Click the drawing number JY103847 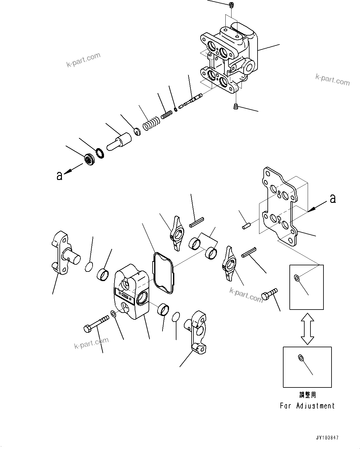(x=327, y=438)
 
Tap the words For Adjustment (x=307, y=406)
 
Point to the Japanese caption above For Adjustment (x=307, y=395)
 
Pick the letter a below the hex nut (x=59, y=176)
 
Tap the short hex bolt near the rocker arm (x=269, y=293)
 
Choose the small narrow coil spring (x=167, y=114)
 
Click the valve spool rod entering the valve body (x=192, y=100)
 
